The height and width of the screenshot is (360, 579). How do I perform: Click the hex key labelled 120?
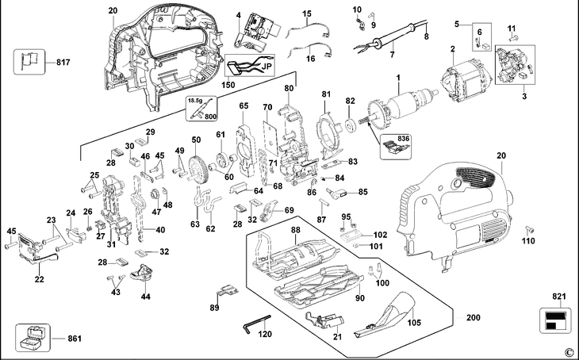point(257,324)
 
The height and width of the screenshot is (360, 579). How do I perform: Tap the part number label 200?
point(474,317)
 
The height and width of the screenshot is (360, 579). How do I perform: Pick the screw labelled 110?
point(529,228)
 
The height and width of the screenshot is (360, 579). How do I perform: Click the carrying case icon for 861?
point(33,338)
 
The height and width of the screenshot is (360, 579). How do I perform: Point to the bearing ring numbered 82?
point(350,125)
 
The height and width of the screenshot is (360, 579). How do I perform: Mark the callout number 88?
point(295,230)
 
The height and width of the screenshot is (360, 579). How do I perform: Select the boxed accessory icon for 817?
point(29,62)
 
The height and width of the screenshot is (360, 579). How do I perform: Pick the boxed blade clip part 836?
point(395,147)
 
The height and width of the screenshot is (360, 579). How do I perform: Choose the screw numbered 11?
point(513,37)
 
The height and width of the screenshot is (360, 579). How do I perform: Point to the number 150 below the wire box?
point(228,85)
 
